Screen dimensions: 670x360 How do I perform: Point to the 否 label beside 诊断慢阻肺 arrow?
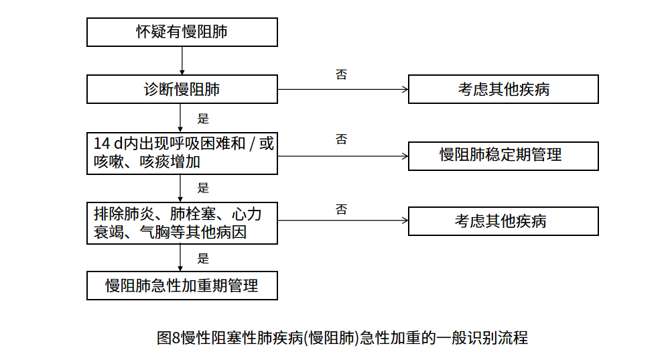point(342,74)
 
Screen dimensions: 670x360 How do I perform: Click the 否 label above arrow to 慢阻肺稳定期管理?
point(342,139)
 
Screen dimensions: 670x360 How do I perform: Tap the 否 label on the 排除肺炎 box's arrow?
point(342,209)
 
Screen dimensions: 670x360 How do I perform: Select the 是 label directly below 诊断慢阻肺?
point(203,119)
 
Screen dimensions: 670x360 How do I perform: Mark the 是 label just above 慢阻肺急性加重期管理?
point(203,258)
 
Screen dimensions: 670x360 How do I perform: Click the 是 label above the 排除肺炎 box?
point(203,188)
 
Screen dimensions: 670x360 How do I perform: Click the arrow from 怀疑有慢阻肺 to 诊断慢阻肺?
point(182,61)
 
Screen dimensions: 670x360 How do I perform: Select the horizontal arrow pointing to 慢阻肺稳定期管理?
point(343,156)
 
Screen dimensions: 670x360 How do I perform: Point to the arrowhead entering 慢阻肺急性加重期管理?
point(180,269)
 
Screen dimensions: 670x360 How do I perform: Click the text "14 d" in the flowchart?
point(108,143)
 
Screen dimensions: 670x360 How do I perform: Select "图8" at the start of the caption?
point(169,338)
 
